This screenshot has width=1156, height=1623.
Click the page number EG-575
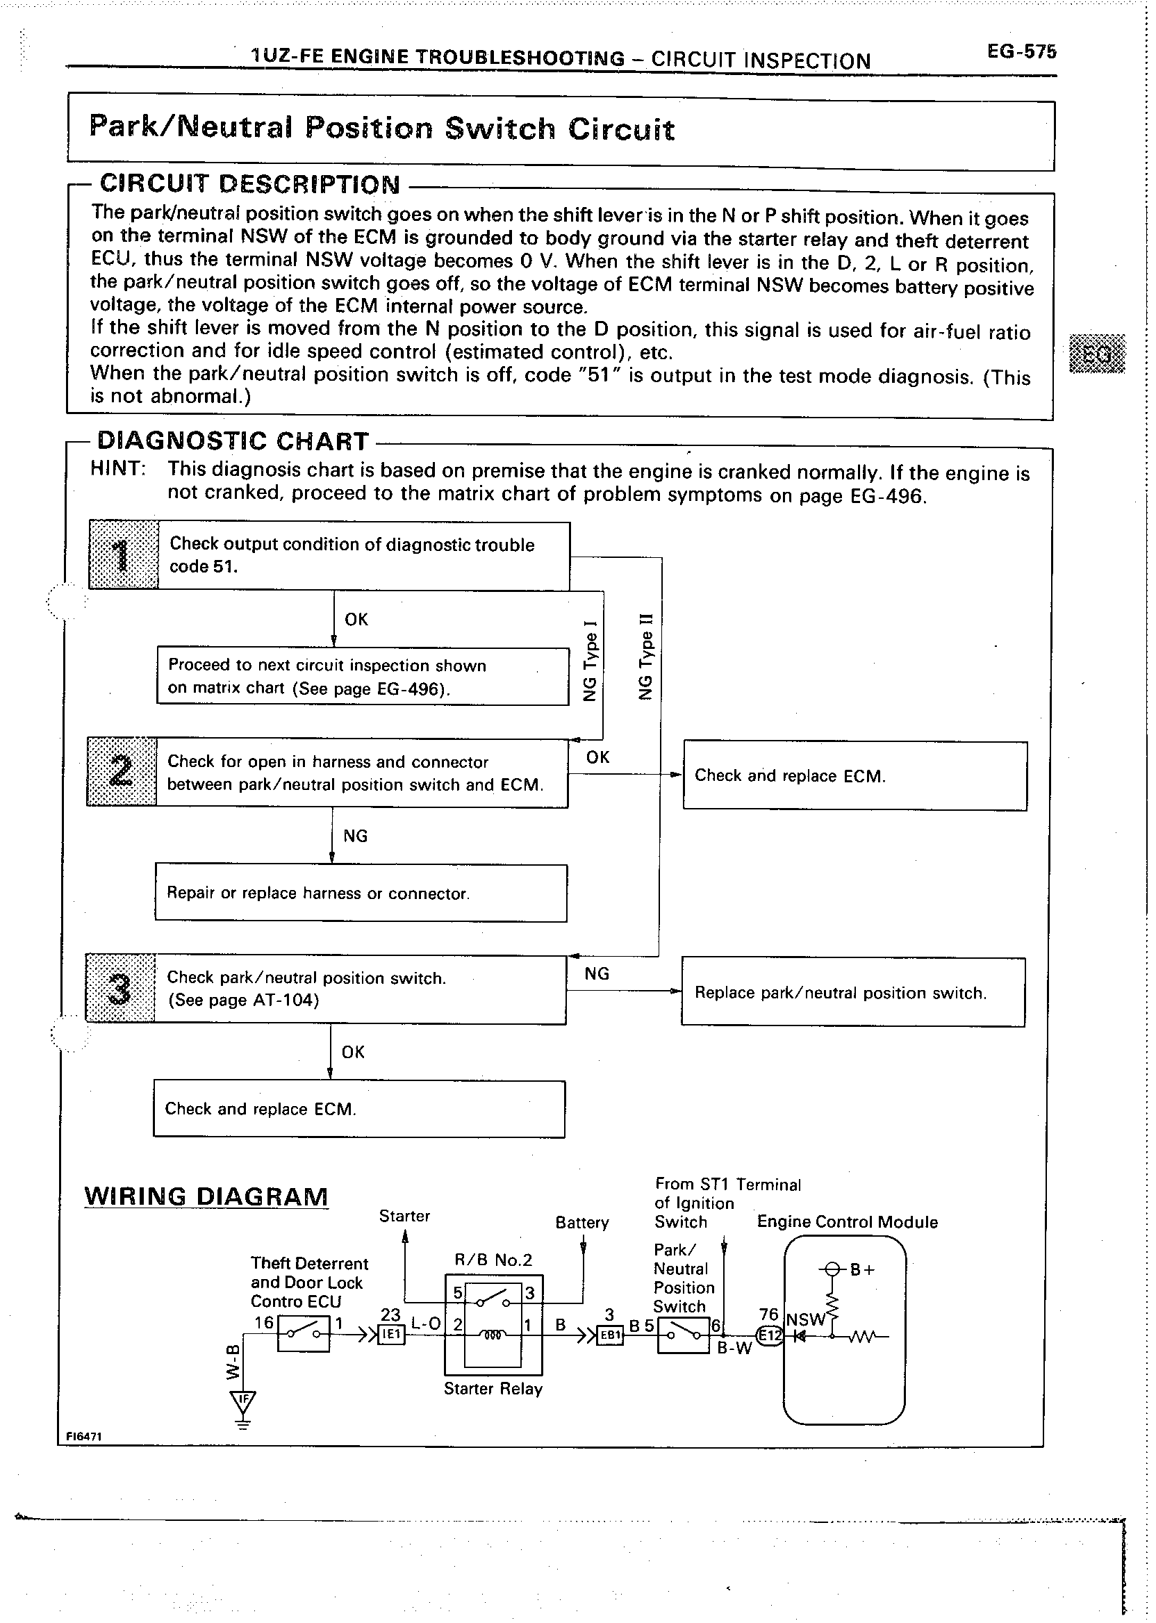(1021, 52)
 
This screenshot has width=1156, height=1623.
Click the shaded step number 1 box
(123, 555)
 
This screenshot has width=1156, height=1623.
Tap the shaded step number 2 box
(122, 772)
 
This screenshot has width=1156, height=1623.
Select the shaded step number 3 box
(120, 988)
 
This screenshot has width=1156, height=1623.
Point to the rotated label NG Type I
(590, 661)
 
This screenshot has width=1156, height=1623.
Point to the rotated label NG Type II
(645, 657)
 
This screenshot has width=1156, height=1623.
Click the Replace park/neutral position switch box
(853, 992)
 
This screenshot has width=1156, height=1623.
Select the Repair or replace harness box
(361, 893)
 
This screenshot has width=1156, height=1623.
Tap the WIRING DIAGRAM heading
(206, 1195)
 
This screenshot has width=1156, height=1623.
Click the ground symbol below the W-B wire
(243, 1408)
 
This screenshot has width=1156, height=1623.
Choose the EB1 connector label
(611, 1335)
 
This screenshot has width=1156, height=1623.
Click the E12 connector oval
(770, 1335)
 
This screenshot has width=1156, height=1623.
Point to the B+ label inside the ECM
(862, 1269)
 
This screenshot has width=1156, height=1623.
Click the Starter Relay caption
(493, 1389)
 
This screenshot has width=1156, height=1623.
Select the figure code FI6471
(84, 1436)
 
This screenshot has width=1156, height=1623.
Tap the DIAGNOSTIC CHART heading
(233, 441)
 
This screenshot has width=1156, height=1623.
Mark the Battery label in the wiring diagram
(581, 1222)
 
